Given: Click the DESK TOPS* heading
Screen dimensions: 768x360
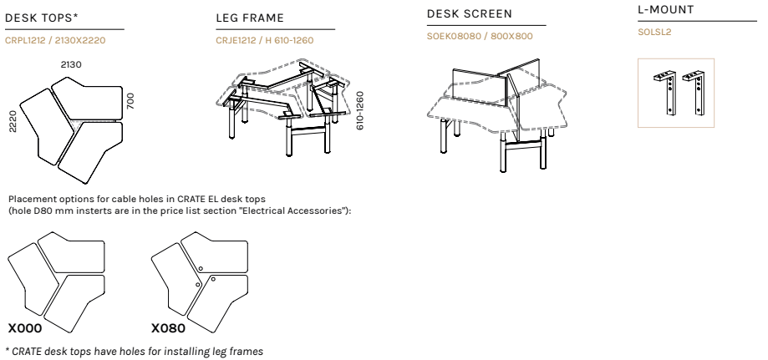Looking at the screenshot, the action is pos(42,18).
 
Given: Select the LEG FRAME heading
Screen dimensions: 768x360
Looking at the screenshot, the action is pos(250,18).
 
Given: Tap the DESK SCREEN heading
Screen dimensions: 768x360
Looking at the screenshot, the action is pos(469,13).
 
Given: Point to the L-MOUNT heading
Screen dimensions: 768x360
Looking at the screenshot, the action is pos(666,10).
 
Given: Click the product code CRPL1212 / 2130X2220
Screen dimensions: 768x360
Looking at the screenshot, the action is pos(55,40).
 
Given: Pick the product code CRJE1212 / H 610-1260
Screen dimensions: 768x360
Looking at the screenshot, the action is pos(265,40).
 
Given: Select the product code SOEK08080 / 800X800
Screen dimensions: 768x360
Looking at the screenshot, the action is pos(480,36).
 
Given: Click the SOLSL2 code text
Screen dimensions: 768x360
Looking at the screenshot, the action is pos(654,33).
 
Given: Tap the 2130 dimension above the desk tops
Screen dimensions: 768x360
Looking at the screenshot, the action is pos(71,64).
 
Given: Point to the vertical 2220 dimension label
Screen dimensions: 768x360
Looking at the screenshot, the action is pos(13,121).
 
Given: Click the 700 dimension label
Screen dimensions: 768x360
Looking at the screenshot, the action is pos(130,101).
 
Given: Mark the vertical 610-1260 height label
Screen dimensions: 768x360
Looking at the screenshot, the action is pos(360,111).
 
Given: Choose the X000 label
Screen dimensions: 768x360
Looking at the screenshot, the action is pos(25,328).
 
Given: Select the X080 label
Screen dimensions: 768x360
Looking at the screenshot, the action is pos(169,328).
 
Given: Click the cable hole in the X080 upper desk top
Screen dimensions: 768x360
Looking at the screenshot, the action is pos(201,268).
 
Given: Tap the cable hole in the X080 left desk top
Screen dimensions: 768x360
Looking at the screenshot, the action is pos(198,285).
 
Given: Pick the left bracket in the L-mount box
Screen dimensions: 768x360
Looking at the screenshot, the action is pos(666,93).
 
